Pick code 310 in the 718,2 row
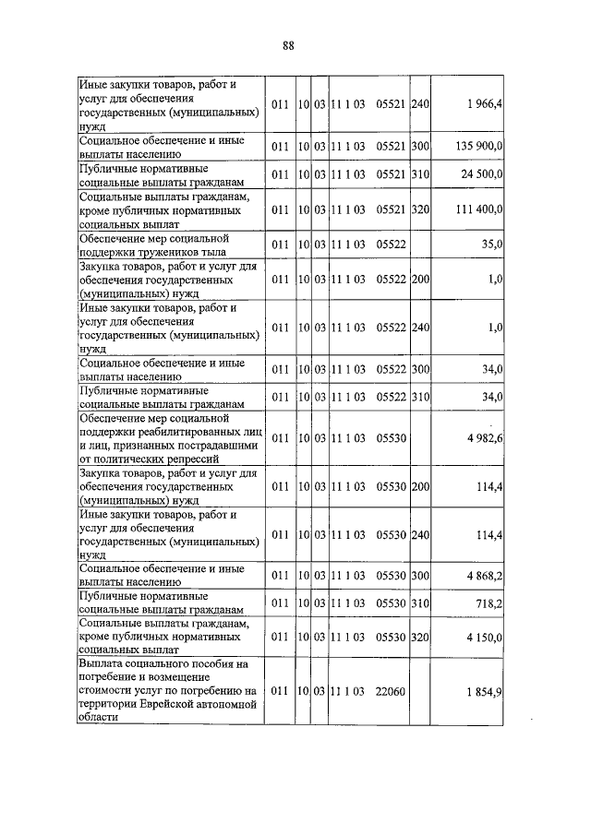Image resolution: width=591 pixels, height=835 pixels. pos(421,603)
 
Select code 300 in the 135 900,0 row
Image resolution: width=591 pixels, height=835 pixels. pos(421,147)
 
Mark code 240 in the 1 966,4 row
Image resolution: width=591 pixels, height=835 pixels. pos(421,105)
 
